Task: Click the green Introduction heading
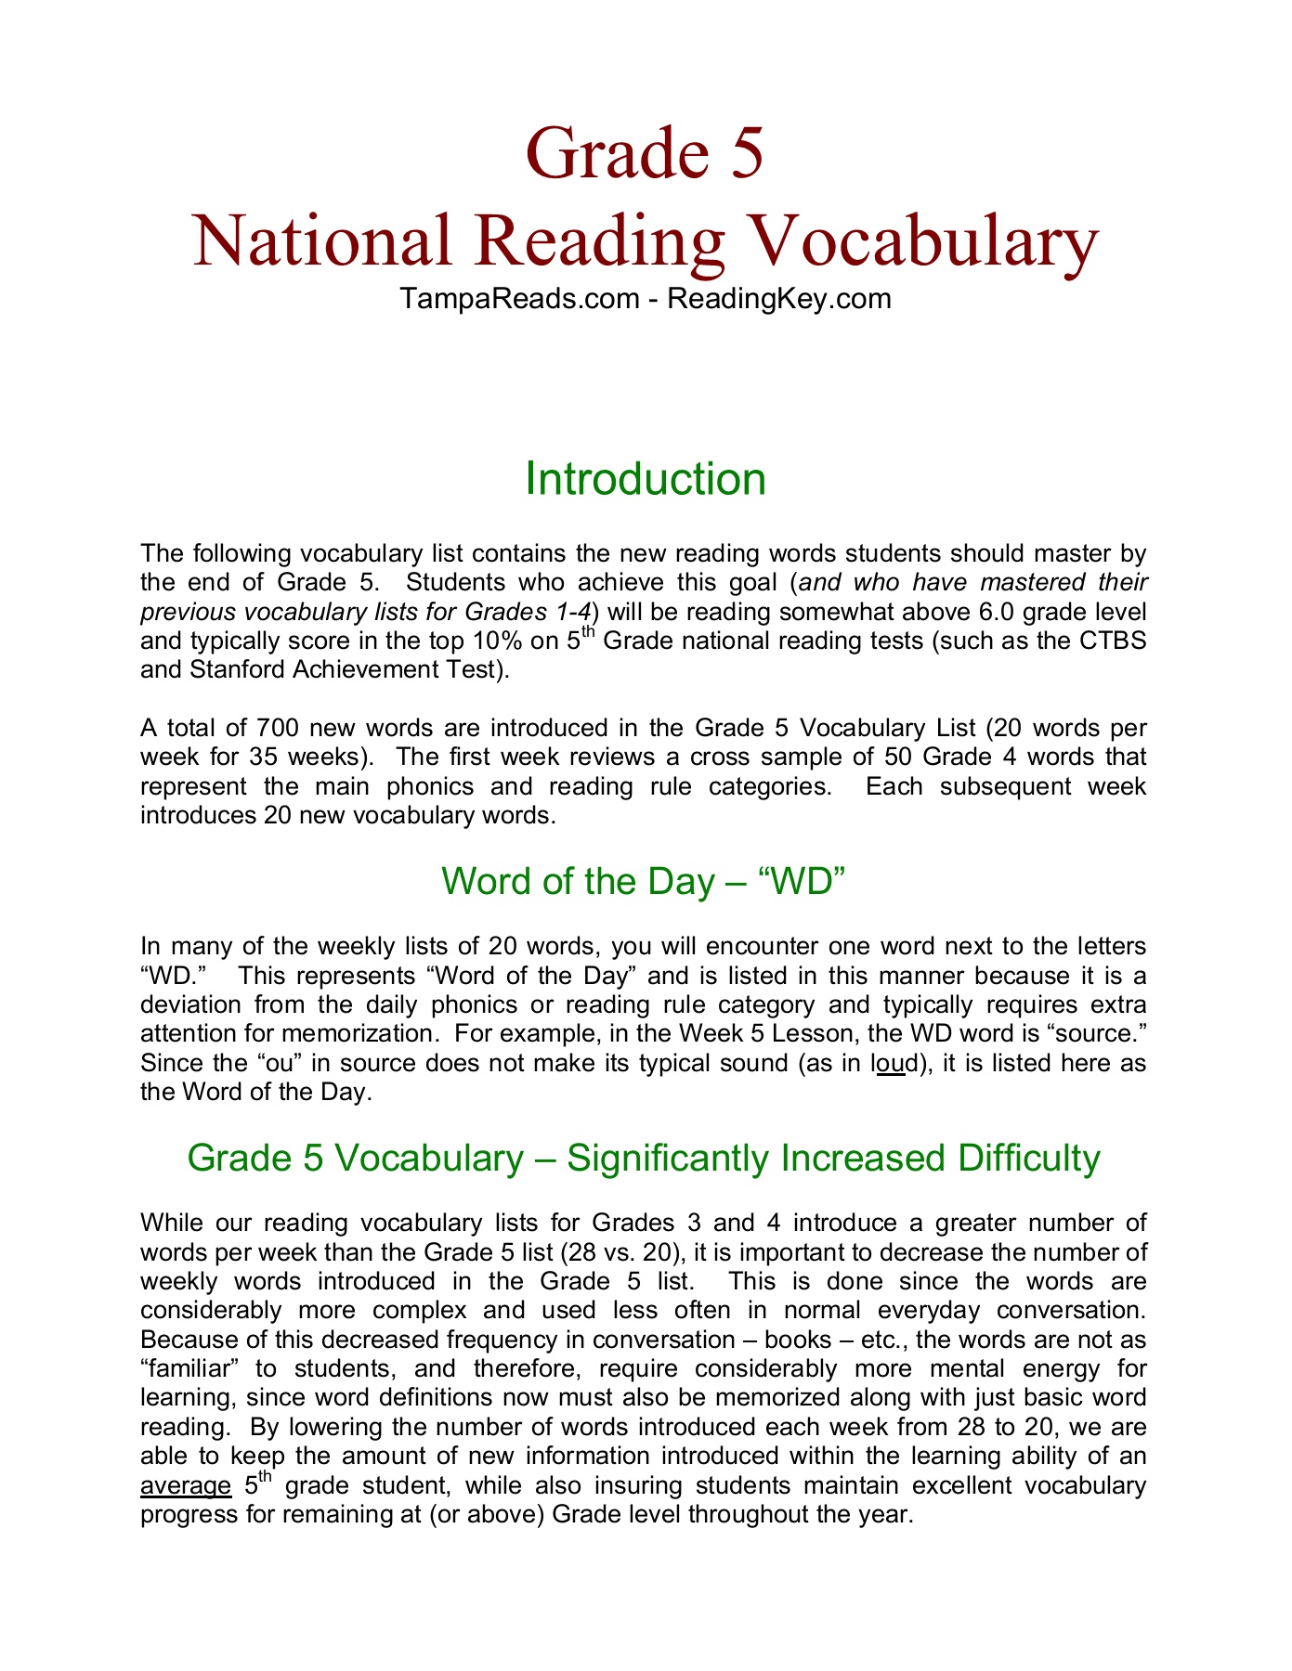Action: [646, 479]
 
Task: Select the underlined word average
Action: [186, 1485]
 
